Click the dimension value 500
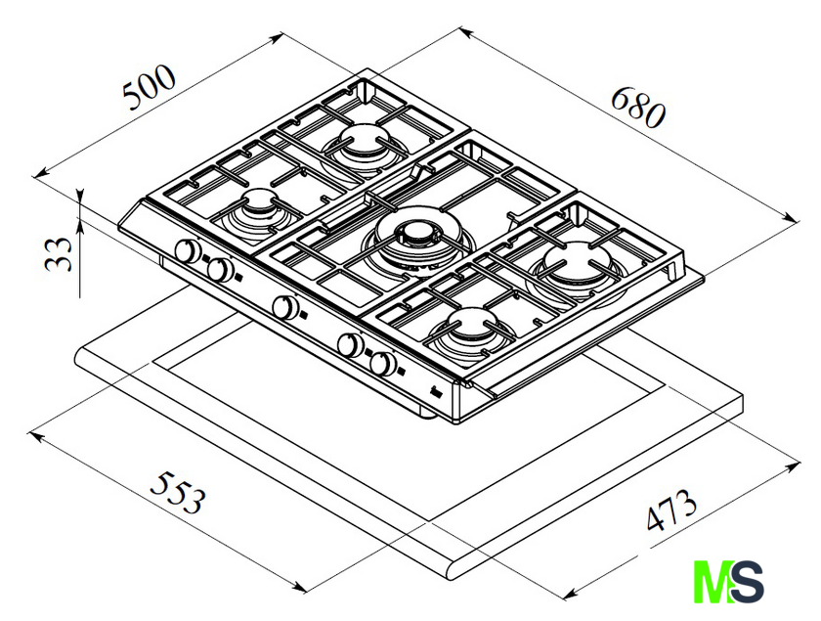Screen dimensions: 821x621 point(149,86)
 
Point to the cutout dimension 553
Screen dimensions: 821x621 point(177,492)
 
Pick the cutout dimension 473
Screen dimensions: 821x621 point(671,509)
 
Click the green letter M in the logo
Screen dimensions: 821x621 point(713,582)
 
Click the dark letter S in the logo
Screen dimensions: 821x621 point(747,582)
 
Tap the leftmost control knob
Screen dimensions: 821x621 point(187,250)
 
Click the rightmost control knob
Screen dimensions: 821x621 point(383,363)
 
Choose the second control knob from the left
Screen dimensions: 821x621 point(221,269)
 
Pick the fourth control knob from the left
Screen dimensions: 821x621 point(351,344)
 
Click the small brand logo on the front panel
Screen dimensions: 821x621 point(437,391)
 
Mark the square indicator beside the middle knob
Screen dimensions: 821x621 point(304,316)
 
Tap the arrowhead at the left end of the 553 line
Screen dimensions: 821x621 point(35,436)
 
